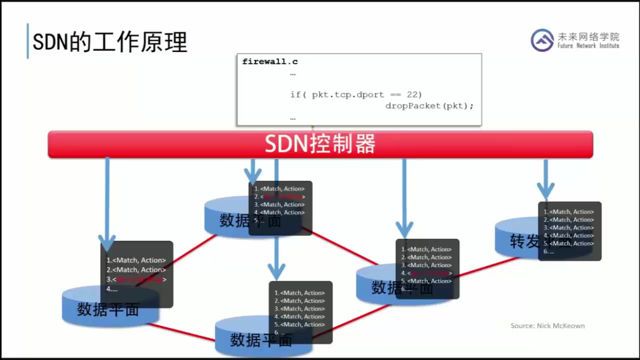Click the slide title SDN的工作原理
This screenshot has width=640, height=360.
[x=110, y=42]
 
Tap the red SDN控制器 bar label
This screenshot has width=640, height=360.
[x=320, y=144]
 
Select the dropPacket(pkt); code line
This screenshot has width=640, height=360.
[x=430, y=106]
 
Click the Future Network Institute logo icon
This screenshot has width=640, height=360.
[x=542, y=40]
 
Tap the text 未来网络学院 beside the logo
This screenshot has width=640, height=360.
[x=588, y=36]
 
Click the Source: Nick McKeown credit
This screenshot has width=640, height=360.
[x=547, y=326]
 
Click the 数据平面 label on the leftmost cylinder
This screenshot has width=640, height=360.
[x=108, y=309]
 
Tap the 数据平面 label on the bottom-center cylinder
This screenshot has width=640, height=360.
[x=261, y=340]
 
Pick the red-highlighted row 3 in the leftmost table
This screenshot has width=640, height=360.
[x=137, y=280]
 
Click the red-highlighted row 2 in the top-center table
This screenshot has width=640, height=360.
[x=279, y=197]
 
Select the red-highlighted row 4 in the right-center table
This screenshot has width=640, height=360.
[x=427, y=273]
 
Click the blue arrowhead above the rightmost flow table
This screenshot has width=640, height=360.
[x=546, y=191]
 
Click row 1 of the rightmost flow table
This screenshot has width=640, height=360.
[x=569, y=212]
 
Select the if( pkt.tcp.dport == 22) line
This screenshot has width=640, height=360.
[x=356, y=94]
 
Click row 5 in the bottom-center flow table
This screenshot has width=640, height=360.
[x=300, y=325]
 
